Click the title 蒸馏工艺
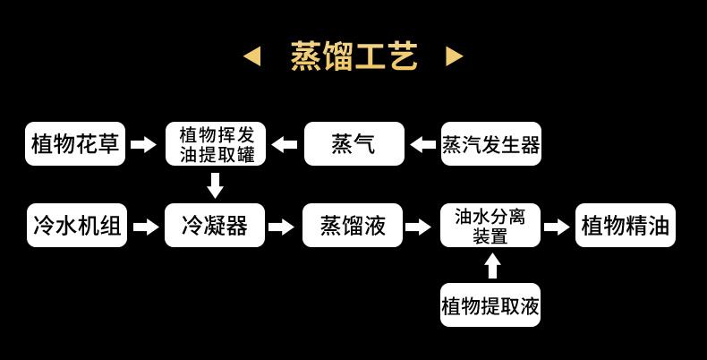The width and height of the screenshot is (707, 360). [x=353, y=56]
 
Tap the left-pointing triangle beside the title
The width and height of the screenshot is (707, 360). [x=252, y=57]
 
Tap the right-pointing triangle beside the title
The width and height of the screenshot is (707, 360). [x=455, y=57]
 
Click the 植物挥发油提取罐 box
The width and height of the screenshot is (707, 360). [x=215, y=144]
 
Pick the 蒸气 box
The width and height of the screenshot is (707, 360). [x=353, y=144]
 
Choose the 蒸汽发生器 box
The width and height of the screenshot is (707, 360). [x=491, y=144]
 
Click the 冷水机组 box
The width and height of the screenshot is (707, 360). [x=76, y=226]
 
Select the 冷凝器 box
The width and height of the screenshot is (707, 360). [x=215, y=226]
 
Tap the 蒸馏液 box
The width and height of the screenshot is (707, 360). [x=353, y=226]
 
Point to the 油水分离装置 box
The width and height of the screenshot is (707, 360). [x=490, y=226]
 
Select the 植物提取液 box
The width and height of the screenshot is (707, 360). [x=490, y=305]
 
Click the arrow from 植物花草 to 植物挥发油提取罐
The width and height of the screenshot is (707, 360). [x=143, y=144]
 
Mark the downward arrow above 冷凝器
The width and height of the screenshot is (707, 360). [x=215, y=185]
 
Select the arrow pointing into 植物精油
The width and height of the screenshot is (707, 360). [x=557, y=227]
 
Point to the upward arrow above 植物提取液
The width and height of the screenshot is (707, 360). [x=491, y=266]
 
